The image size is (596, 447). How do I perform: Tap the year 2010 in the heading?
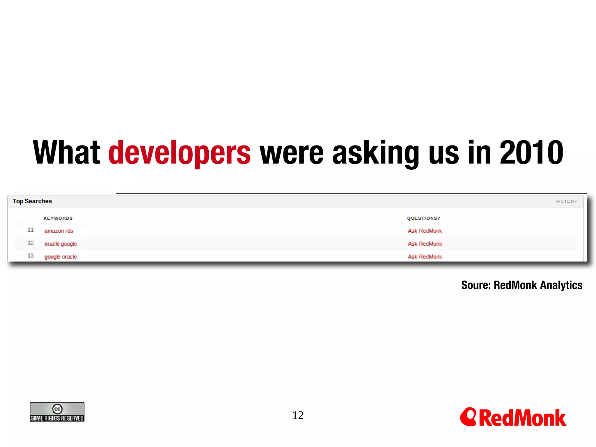pyautogui.click(x=531, y=152)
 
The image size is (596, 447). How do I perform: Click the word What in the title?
pyautogui.click(x=66, y=152)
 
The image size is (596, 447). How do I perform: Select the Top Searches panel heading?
pyautogui.click(x=32, y=201)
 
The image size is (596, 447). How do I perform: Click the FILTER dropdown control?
pyautogui.click(x=566, y=201)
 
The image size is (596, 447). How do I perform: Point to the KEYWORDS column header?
pyautogui.click(x=58, y=218)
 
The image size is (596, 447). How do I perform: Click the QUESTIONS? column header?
pyautogui.click(x=423, y=218)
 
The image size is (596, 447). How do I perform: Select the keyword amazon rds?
pyautogui.click(x=59, y=231)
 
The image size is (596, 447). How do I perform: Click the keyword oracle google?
pyautogui.click(x=61, y=244)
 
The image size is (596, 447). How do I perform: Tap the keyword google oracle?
pyautogui.click(x=61, y=257)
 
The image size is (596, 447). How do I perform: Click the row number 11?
pyautogui.click(x=31, y=230)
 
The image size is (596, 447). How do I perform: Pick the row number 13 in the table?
pyautogui.click(x=31, y=256)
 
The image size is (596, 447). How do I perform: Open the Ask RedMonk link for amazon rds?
pyautogui.click(x=425, y=231)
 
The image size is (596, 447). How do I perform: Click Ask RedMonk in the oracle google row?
pyautogui.click(x=425, y=244)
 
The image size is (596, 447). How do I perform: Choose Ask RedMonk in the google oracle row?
pyautogui.click(x=425, y=257)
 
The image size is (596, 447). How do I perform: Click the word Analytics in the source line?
pyautogui.click(x=561, y=285)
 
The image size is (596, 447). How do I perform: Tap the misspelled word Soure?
pyautogui.click(x=476, y=285)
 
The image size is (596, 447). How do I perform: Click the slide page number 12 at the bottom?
pyautogui.click(x=298, y=415)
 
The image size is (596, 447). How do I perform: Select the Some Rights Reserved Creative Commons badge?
pyautogui.click(x=57, y=412)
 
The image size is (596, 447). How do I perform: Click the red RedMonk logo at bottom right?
pyautogui.click(x=513, y=417)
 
